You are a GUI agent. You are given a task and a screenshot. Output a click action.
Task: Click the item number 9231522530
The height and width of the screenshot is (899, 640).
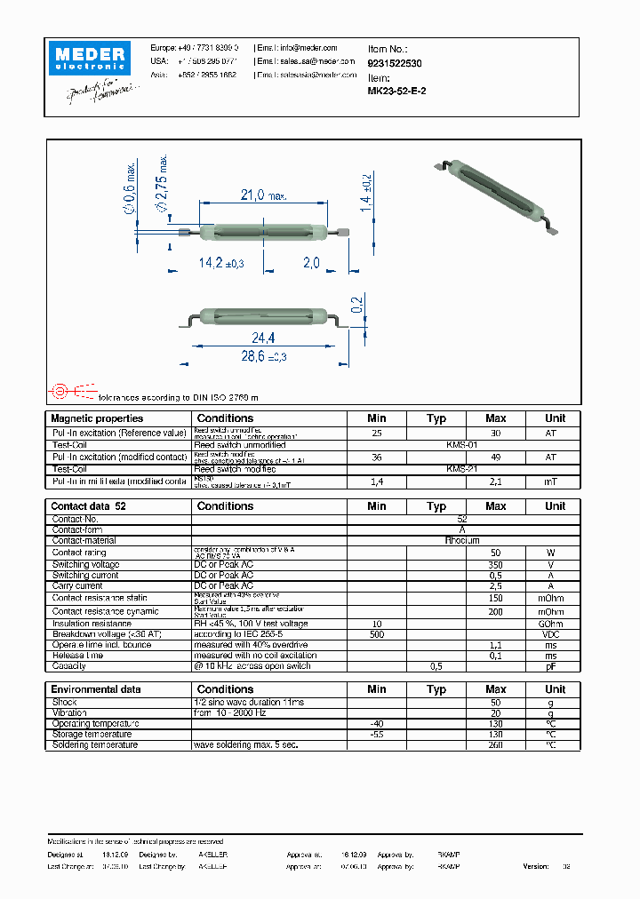(395, 64)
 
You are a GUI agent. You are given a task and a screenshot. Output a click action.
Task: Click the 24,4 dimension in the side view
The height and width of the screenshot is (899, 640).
(264, 338)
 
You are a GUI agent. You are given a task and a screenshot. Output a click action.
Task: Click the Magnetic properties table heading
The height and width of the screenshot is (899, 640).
(97, 418)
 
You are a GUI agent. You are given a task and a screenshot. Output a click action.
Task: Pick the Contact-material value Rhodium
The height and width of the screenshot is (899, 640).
(462, 540)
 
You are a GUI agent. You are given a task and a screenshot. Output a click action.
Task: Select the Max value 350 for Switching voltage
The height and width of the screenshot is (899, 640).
(495, 564)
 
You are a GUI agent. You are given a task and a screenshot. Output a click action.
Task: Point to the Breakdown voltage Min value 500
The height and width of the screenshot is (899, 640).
(376, 634)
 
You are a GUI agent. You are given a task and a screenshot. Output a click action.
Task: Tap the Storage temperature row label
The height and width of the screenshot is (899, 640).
(92, 734)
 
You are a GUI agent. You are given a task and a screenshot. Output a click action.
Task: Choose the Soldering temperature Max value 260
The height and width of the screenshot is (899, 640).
(495, 744)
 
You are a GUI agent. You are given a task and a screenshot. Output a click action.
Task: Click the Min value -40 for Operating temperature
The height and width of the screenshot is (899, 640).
(376, 723)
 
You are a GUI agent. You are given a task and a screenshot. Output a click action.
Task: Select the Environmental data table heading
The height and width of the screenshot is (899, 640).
(95, 689)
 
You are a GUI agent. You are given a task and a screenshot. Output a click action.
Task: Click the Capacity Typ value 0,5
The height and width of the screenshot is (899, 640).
(436, 665)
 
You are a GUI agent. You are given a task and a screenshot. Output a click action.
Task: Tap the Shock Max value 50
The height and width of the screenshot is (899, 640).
(495, 702)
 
